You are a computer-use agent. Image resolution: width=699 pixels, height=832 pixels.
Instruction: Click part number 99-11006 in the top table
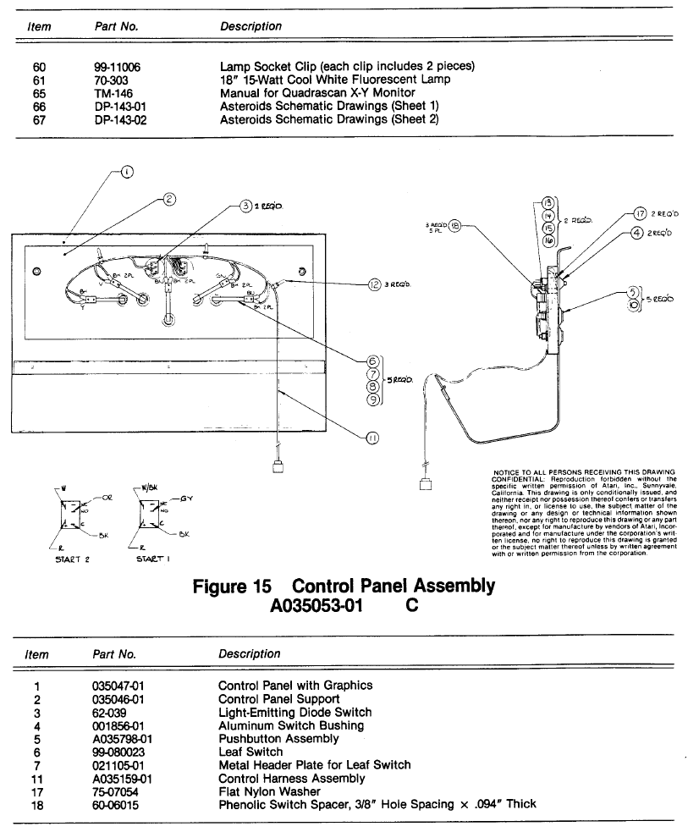117,67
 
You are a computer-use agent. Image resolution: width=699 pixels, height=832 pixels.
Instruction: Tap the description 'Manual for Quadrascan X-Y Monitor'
317,93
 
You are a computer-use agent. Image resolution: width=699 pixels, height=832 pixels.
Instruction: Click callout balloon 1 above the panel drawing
127,171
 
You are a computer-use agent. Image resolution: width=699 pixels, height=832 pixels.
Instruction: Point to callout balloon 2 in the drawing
169,200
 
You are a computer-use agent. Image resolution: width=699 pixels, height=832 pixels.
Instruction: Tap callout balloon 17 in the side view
640,214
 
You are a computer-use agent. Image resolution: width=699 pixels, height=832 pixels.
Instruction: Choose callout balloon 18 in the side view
454,227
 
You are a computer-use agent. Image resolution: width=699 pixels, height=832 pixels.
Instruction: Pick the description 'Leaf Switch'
250,752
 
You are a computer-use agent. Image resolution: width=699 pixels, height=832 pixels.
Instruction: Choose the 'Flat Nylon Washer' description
269,791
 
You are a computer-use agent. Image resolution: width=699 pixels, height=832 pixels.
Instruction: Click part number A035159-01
122,778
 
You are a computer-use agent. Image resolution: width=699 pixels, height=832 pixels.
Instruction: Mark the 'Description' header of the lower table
249,653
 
